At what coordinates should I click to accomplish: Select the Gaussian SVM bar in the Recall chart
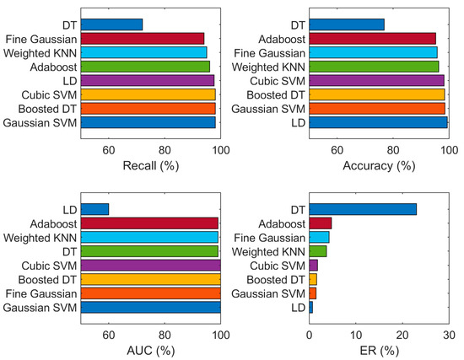[x=148, y=122]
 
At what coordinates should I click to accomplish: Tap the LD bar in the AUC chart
[x=94, y=209]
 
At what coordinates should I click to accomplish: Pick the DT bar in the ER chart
[x=363, y=209]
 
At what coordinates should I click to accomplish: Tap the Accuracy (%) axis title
[x=379, y=165]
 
